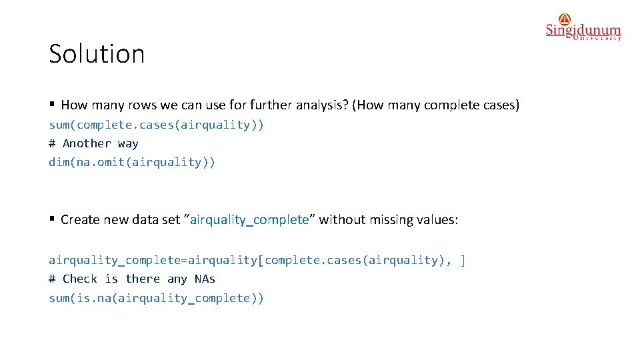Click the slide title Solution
click(97, 53)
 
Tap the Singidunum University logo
click(583, 28)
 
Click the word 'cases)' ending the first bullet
click(502, 105)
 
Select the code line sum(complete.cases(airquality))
click(156, 125)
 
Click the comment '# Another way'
click(93, 143)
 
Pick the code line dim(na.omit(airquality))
click(132, 162)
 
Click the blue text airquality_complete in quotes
click(249, 220)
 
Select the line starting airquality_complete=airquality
click(257, 260)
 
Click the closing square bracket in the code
click(463, 260)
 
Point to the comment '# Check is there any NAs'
click(132, 279)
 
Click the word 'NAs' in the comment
click(205, 279)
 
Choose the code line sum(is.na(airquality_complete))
click(156, 298)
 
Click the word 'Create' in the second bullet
click(79, 220)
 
